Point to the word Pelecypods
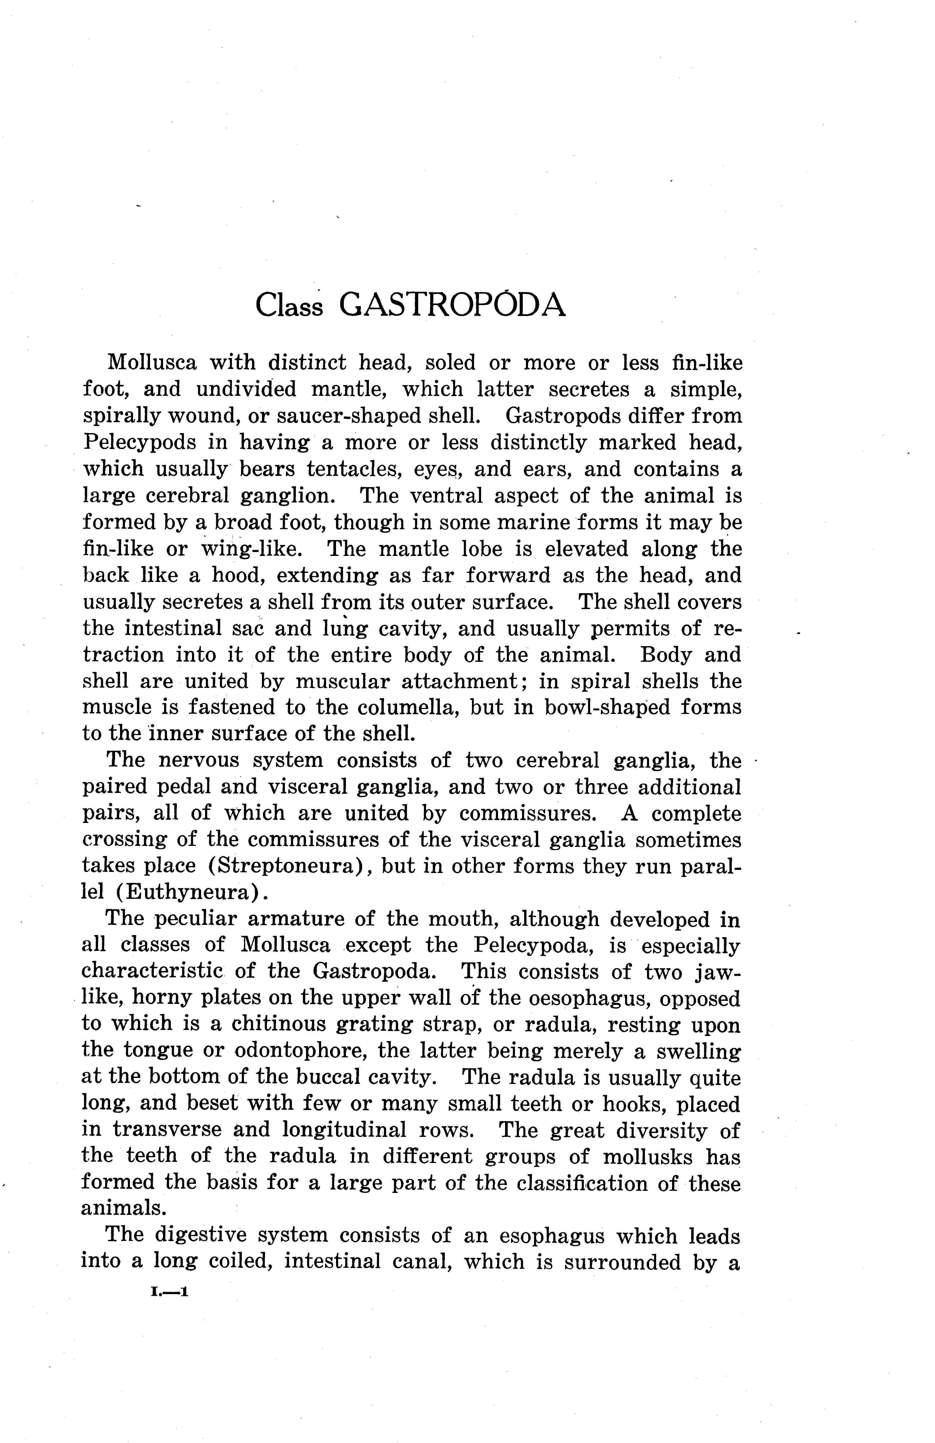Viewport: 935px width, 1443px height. [140, 442]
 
